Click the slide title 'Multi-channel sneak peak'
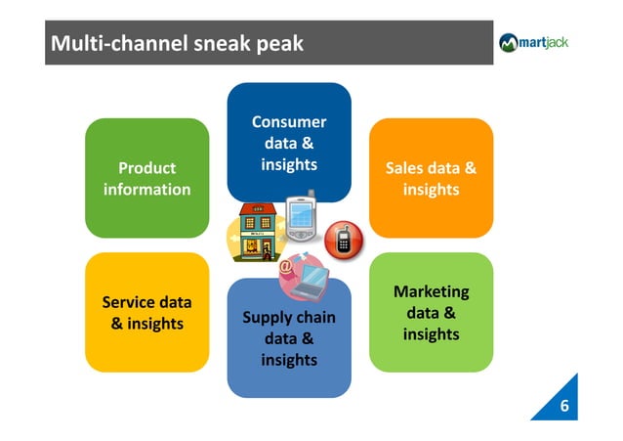177,44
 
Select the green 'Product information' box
146,178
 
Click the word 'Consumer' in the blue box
289,122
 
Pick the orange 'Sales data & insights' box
431,178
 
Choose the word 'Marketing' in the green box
431,291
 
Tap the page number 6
563,406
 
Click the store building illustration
256,233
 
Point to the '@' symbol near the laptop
285,264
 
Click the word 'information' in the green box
146,189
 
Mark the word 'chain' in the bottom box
313,318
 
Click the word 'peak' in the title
279,44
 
